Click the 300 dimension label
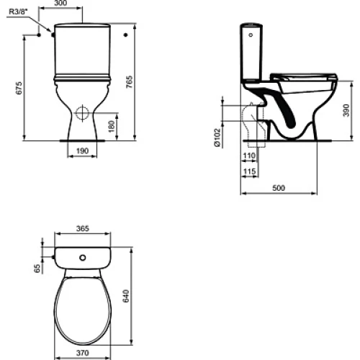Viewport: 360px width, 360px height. (x=60, y=3)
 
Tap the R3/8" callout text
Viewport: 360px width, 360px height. (x=18, y=12)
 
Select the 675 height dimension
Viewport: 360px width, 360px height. (x=19, y=88)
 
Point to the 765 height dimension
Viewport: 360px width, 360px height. (x=130, y=82)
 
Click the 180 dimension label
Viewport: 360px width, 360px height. (x=112, y=127)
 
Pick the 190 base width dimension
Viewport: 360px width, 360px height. (x=82, y=151)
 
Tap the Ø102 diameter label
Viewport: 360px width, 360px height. (x=217, y=138)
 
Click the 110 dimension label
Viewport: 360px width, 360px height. (x=249, y=156)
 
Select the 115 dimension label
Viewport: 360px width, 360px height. (x=249, y=171)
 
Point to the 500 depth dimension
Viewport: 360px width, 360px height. (x=279, y=188)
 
